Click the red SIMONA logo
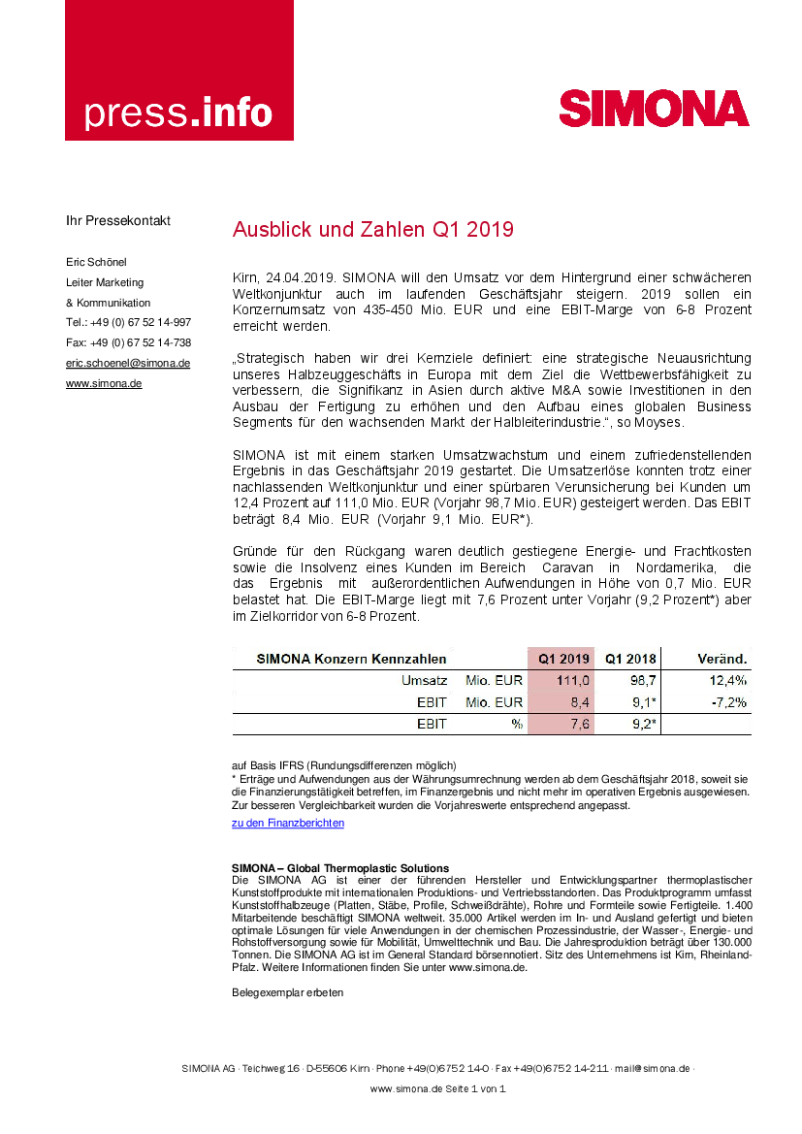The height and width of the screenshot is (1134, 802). tap(654, 109)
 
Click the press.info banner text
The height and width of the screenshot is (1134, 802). tap(178, 113)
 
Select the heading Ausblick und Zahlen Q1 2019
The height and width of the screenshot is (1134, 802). tap(372, 230)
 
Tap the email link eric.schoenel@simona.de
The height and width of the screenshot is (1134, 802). tap(128, 363)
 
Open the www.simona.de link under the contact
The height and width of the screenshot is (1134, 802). tap(104, 384)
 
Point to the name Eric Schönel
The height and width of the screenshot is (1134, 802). tap(96, 262)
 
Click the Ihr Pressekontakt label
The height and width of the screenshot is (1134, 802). tap(118, 220)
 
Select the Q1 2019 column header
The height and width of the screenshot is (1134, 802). tap(564, 659)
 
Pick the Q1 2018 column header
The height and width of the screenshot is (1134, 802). tap(630, 659)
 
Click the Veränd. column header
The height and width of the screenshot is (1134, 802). tap(722, 659)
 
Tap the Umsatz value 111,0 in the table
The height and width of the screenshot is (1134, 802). tap(572, 681)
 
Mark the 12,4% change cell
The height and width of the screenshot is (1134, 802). tap(728, 681)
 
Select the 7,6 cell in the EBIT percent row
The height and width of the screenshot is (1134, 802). tap(578, 724)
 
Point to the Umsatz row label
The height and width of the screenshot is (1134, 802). tap(424, 681)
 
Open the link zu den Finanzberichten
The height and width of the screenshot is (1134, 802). tap(288, 824)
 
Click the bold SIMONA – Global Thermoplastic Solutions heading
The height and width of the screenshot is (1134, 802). tap(340, 868)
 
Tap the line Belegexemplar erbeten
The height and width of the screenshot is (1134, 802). tap(288, 992)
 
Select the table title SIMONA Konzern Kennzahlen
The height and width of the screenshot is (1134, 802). tap(351, 659)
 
